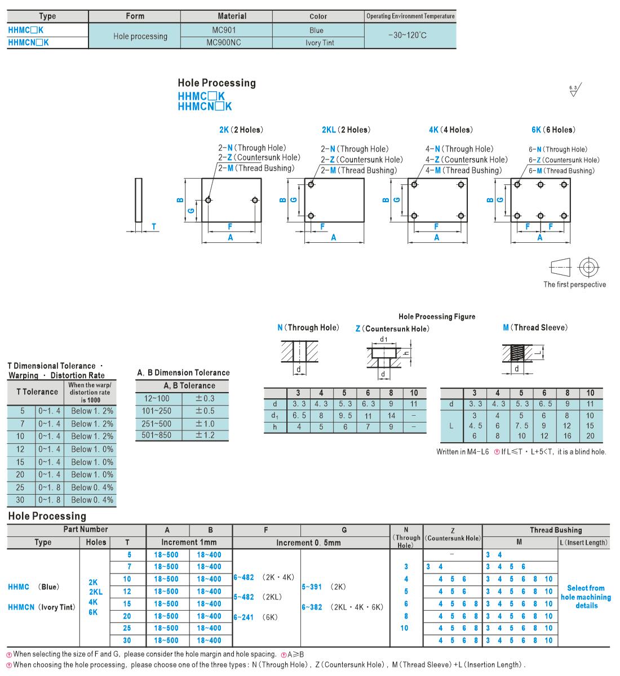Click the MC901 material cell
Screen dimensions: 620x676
pos(224,30)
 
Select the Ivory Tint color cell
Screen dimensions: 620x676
pos(320,43)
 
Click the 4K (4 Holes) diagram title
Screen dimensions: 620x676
pos(451,130)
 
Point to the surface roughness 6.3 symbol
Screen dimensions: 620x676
pos(575,90)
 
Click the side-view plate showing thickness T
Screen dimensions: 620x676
pos(139,200)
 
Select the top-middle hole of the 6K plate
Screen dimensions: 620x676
pos(541,185)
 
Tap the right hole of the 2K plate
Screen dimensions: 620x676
pos(255,200)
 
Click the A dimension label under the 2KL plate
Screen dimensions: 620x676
pos(333,238)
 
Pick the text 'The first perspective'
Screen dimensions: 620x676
pos(574,284)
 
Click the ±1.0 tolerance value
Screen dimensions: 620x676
pos(205,424)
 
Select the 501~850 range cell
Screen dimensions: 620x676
pos(157,435)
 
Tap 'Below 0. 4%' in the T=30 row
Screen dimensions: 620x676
pos(92,500)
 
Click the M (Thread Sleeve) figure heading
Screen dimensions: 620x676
pos(535,327)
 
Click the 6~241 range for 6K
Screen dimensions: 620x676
pos(243,617)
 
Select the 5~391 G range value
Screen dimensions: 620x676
pos(312,586)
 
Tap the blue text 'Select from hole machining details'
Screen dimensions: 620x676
pos(586,597)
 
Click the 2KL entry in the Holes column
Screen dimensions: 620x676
pos(96,592)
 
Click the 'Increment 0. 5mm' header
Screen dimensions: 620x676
pos(308,542)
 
